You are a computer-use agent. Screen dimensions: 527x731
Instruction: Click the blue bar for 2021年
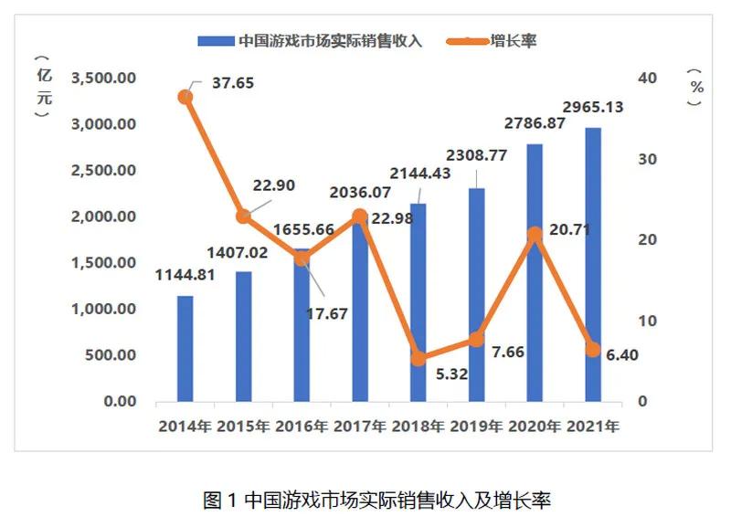click(593, 265)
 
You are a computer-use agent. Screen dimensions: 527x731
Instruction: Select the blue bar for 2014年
click(185, 348)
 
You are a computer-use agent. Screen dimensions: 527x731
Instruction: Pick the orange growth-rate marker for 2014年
click(185, 96)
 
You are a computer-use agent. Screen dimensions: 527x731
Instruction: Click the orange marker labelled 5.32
click(418, 358)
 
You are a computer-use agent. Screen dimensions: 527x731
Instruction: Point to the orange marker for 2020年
click(535, 235)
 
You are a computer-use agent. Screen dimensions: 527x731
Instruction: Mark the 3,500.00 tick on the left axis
click(104, 79)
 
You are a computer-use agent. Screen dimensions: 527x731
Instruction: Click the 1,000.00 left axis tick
click(104, 310)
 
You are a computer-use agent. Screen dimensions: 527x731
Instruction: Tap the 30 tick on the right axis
click(648, 159)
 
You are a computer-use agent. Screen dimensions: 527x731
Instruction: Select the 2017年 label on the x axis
click(359, 427)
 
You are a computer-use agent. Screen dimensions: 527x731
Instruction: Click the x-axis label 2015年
click(243, 427)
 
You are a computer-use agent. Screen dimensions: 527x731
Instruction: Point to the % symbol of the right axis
click(697, 88)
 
